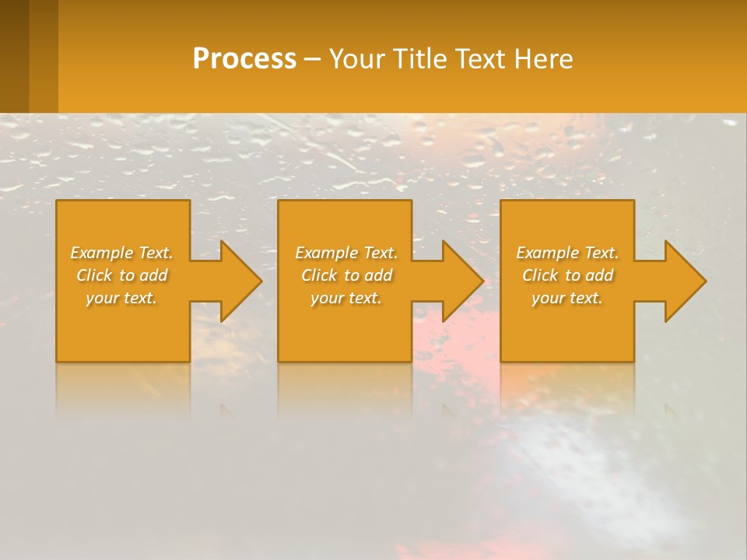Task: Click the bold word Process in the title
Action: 244,59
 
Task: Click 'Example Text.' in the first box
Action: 121,253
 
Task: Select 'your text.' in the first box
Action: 121,298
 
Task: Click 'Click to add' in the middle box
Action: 346,275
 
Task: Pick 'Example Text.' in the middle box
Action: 346,253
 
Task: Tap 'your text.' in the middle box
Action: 346,298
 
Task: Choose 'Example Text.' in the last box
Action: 567,253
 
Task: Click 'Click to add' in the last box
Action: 567,275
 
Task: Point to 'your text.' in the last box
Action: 567,298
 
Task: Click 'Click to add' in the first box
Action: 121,275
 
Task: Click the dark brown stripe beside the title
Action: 15,56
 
